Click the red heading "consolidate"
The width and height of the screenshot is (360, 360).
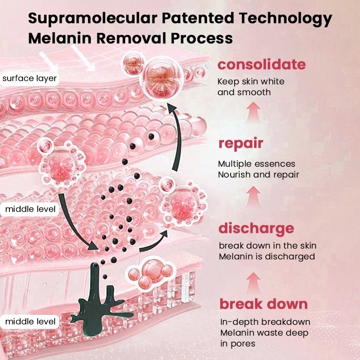(x=262, y=64)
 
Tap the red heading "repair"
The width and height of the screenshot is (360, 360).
(x=240, y=144)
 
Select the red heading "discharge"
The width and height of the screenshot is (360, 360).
(x=256, y=229)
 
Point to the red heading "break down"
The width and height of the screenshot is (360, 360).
(x=264, y=304)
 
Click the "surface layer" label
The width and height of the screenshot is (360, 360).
(x=30, y=78)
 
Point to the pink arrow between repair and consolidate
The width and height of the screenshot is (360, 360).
(x=253, y=113)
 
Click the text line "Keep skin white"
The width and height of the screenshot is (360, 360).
(x=251, y=81)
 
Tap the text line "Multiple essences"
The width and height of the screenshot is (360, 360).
(x=256, y=164)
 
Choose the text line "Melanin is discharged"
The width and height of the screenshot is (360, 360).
(x=267, y=256)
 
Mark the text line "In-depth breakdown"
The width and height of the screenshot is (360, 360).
(x=265, y=322)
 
